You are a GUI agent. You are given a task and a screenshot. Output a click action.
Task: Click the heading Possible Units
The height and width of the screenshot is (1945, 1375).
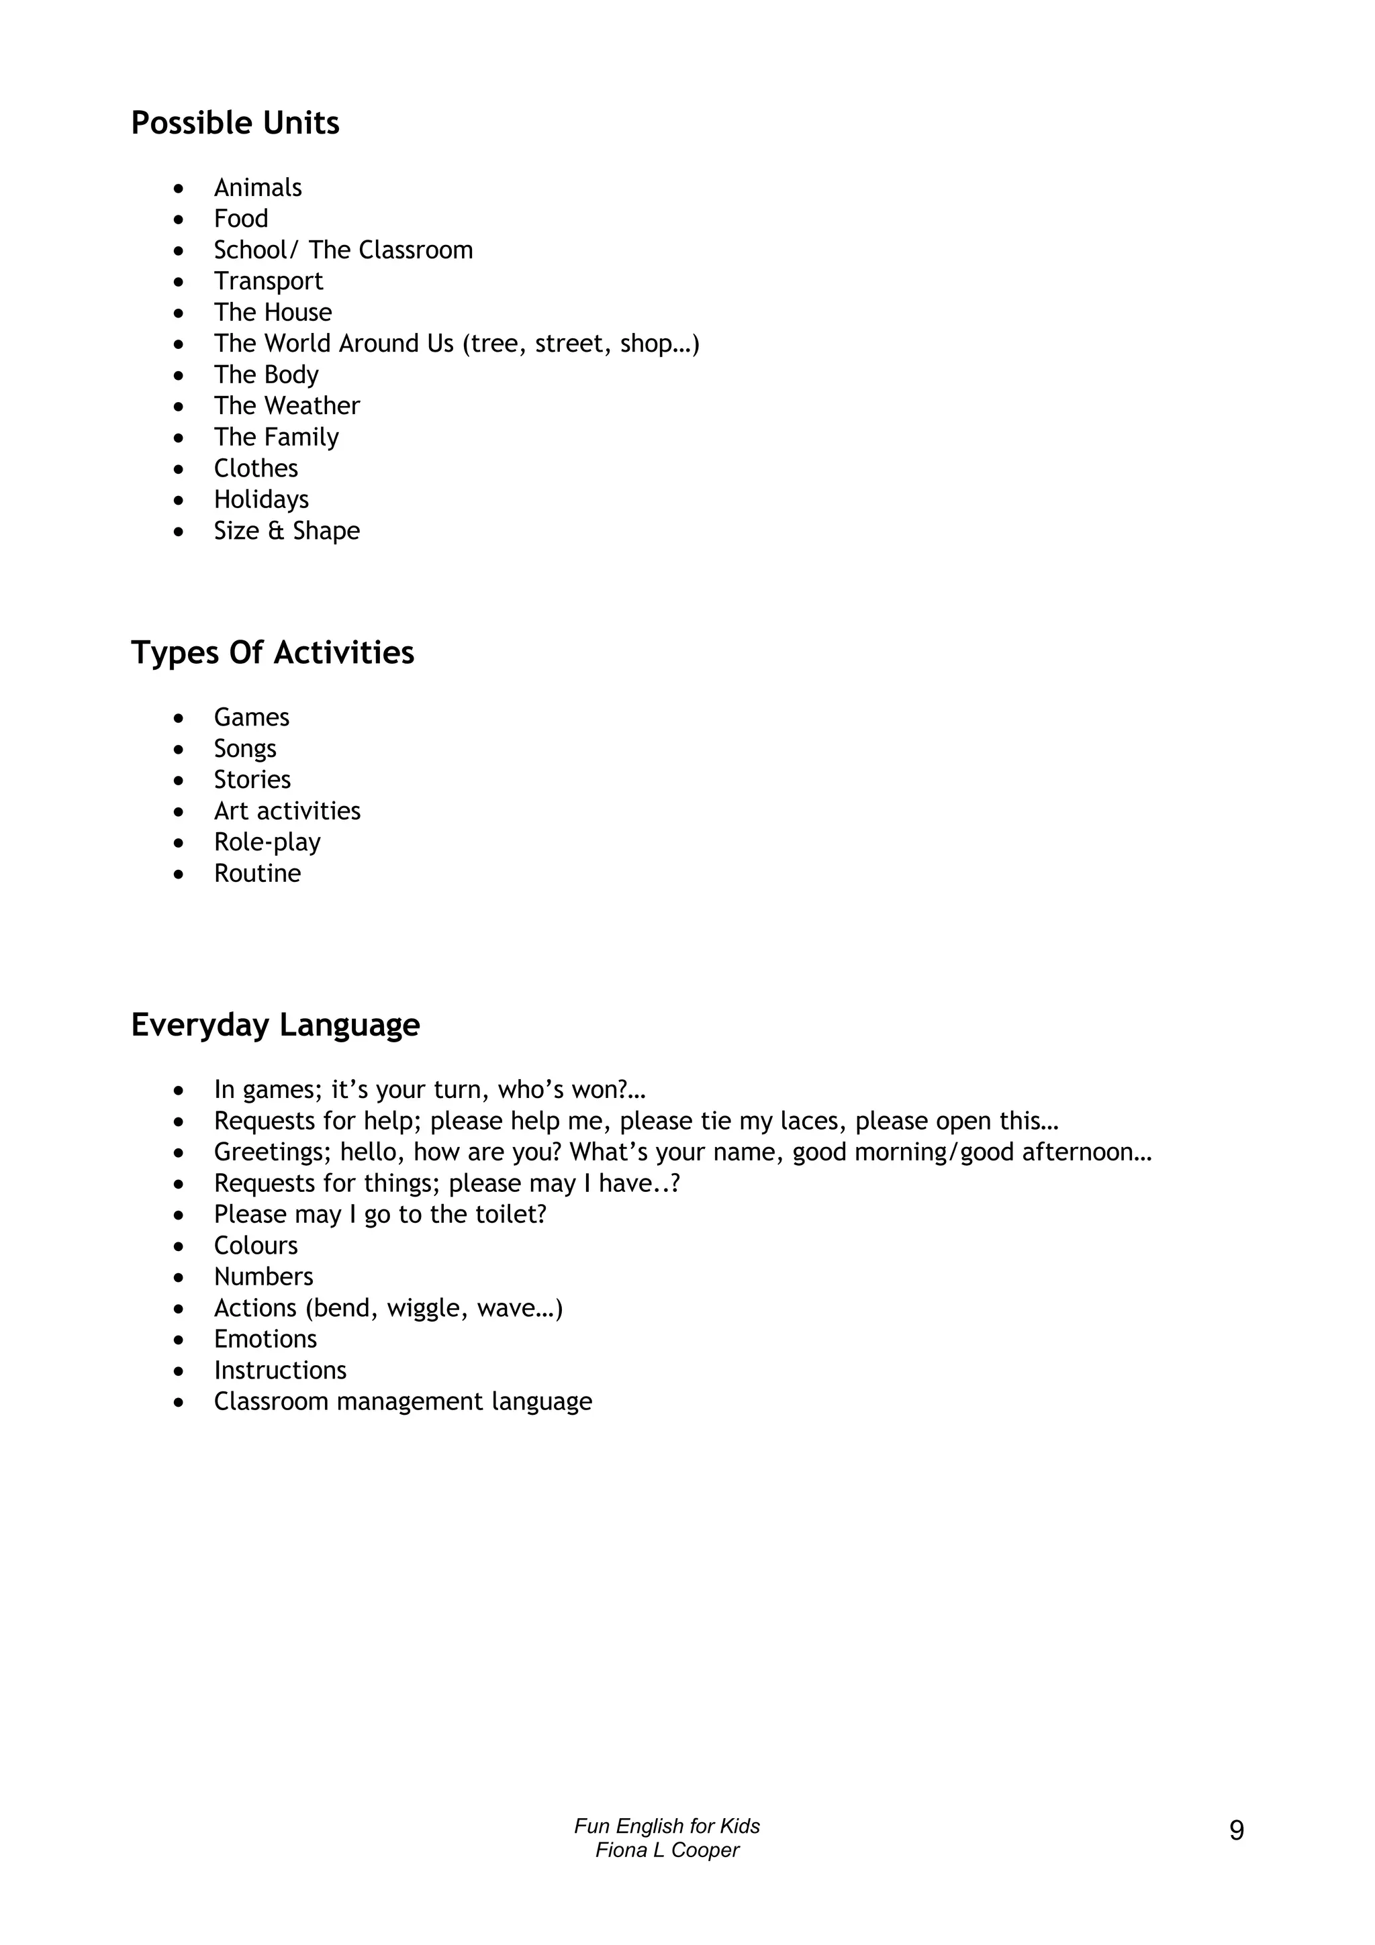[235, 123]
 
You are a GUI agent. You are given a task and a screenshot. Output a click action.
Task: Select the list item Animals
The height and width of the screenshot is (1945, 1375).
[258, 187]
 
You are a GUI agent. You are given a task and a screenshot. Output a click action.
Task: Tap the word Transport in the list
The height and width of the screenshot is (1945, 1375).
[268, 281]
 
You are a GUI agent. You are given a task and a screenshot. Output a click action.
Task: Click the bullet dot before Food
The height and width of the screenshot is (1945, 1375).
[178, 219]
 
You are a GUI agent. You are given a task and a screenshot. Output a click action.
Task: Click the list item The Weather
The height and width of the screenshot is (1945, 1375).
[287, 406]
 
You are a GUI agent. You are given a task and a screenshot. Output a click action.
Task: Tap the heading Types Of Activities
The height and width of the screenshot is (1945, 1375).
[272, 653]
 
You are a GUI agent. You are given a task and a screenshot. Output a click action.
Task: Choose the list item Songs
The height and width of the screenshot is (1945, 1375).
[245, 749]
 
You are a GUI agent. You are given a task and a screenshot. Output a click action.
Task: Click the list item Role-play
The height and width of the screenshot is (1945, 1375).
[267, 842]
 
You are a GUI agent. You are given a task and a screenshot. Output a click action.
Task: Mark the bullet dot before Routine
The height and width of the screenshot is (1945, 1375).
[178, 875]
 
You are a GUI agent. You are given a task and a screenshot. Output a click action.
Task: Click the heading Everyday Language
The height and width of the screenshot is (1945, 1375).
[275, 1025]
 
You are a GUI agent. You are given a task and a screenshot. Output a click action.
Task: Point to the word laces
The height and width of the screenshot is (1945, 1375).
[812, 1121]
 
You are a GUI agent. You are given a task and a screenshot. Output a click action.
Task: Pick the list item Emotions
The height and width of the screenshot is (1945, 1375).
[265, 1340]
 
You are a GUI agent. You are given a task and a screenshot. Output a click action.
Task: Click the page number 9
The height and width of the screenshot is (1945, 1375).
[1236, 1832]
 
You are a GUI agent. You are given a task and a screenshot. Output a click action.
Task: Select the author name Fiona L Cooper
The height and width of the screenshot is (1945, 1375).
[667, 1850]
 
